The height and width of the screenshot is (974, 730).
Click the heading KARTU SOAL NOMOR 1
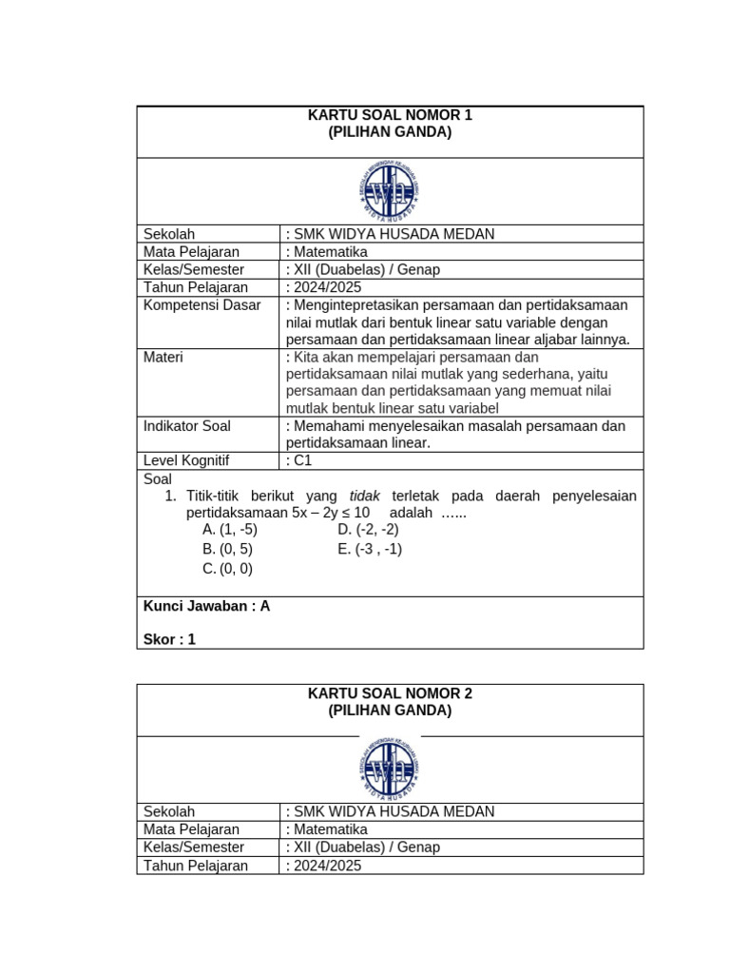point(390,115)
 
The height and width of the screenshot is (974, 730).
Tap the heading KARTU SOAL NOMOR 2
point(390,693)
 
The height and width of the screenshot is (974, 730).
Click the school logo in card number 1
point(390,190)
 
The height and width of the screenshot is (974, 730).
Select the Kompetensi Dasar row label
point(202,304)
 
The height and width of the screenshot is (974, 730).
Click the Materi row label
point(163,357)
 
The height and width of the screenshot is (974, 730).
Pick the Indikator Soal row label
point(187,426)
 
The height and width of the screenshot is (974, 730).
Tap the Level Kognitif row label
point(186,460)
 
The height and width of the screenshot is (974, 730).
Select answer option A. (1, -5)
point(229,530)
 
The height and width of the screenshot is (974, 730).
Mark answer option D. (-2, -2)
point(368,530)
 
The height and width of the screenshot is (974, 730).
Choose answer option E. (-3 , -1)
point(370,549)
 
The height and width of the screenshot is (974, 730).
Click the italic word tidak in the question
point(365,497)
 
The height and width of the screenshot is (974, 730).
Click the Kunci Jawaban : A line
point(206,606)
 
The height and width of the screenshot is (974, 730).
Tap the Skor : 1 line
point(169,639)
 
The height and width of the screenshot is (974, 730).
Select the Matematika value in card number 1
point(329,252)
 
